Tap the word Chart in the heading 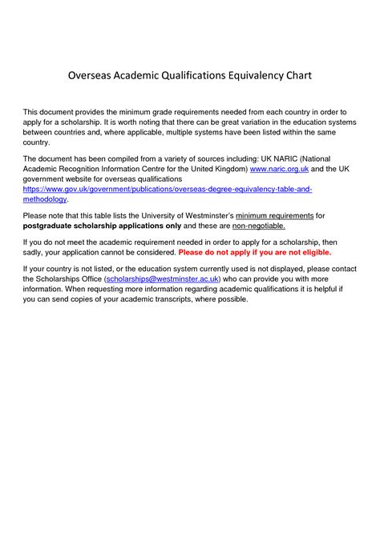pos(292,77)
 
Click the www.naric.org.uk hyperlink pos(279,170)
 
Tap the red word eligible pos(312,252)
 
